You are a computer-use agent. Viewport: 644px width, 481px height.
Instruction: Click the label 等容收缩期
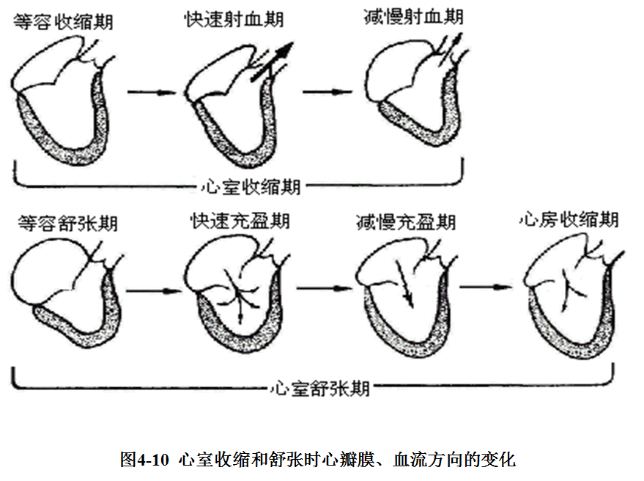63,21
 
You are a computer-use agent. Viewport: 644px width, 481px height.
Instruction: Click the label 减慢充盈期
406,221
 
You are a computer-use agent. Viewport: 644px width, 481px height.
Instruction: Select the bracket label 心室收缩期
251,186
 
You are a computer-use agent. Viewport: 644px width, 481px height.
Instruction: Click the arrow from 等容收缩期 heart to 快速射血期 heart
152,92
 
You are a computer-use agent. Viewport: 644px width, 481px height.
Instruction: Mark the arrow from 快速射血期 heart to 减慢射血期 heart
325,92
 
